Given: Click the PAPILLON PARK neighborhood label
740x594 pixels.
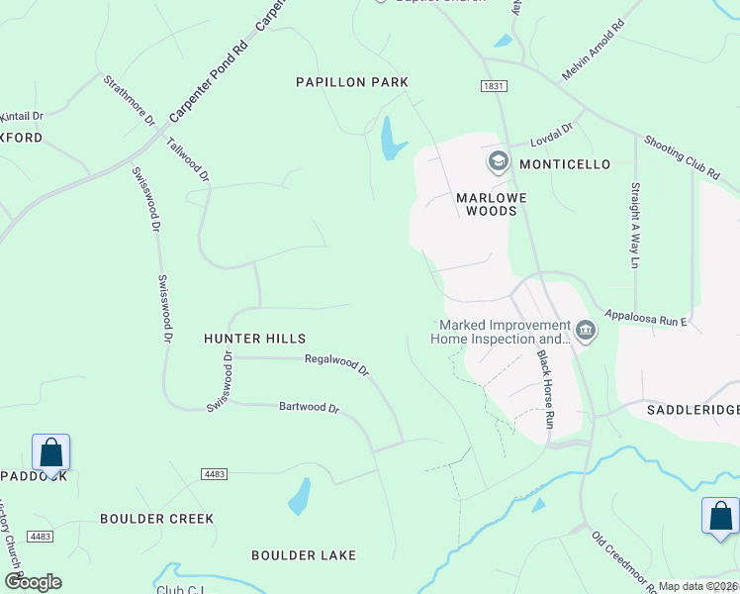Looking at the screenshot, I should [x=352, y=82].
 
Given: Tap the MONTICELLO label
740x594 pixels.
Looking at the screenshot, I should [x=565, y=163].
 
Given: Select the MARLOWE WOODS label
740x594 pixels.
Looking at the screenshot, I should [x=486, y=204].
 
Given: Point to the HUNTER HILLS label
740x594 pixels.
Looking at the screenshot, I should [x=254, y=339].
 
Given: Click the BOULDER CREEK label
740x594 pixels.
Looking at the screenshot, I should [x=156, y=519].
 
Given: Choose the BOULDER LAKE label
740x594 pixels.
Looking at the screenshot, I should [x=303, y=555].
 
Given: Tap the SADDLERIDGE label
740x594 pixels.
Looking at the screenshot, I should [x=693, y=409].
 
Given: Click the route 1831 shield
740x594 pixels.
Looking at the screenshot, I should [x=495, y=87].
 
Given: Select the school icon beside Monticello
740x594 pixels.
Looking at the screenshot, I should [x=498, y=160].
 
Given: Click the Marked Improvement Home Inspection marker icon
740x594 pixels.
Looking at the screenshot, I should [x=585, y=331].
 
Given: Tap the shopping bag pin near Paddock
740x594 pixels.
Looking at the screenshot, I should [x=51, y=453].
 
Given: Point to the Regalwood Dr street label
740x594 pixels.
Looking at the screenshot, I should [x=336, y=365].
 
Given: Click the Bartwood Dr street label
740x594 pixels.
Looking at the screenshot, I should [x=309, y=407].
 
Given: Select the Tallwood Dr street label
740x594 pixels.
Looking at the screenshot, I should [x=188, y=159].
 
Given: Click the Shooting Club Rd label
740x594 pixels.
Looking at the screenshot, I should [x=682, y=157].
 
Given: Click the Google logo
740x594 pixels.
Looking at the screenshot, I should [x=33, y=582].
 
